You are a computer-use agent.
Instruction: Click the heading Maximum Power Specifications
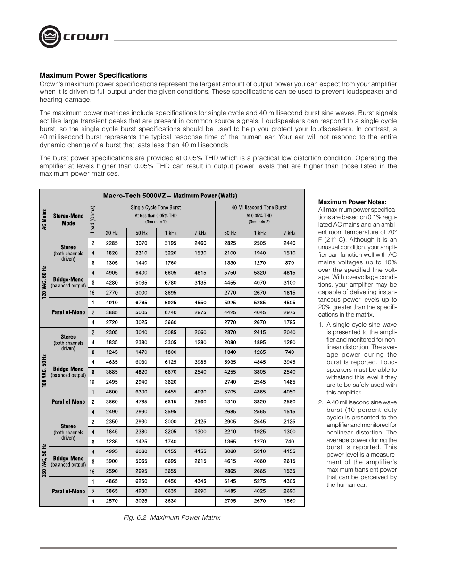(x=93, y=75)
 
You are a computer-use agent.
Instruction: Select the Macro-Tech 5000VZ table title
(x=170, y=196)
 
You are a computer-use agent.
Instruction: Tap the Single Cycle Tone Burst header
(x=156, y=207)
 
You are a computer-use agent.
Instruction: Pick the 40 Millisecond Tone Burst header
(x=259, y=207)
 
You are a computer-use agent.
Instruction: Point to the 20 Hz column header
(x=112, y=233)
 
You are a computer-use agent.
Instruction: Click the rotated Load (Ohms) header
(x=92, y=218)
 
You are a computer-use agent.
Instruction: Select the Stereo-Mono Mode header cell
(x=68, y=220)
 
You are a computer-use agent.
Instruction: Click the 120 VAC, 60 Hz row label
(x=44, y=282)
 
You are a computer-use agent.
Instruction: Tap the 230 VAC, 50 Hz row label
(x=44, y=461)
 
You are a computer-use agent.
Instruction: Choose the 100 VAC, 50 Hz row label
(x=44, y=372)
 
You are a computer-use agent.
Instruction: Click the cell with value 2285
(x=112, y=243)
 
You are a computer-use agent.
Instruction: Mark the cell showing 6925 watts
(x=170, y=303)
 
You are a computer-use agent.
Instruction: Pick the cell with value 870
(x=289, y=263)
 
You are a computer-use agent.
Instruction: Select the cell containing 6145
(x=230, y=481)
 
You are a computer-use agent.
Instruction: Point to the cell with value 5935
(x=230, y=362)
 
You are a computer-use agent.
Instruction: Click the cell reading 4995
(x=112, y=451)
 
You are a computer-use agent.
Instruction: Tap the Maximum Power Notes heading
(x=352, y=202)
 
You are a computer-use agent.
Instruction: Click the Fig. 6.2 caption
(x=172, y=517)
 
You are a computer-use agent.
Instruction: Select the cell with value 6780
(x=170, y=283)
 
